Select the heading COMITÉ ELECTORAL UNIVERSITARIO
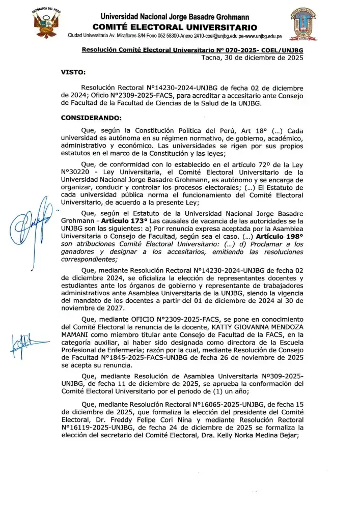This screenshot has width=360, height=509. [x=175, y=27]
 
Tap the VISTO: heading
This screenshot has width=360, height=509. [x=73, y=72]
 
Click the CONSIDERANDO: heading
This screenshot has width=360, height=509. [x=88, y=118]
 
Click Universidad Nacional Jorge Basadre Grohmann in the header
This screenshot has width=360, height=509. [x=175, y=16]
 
